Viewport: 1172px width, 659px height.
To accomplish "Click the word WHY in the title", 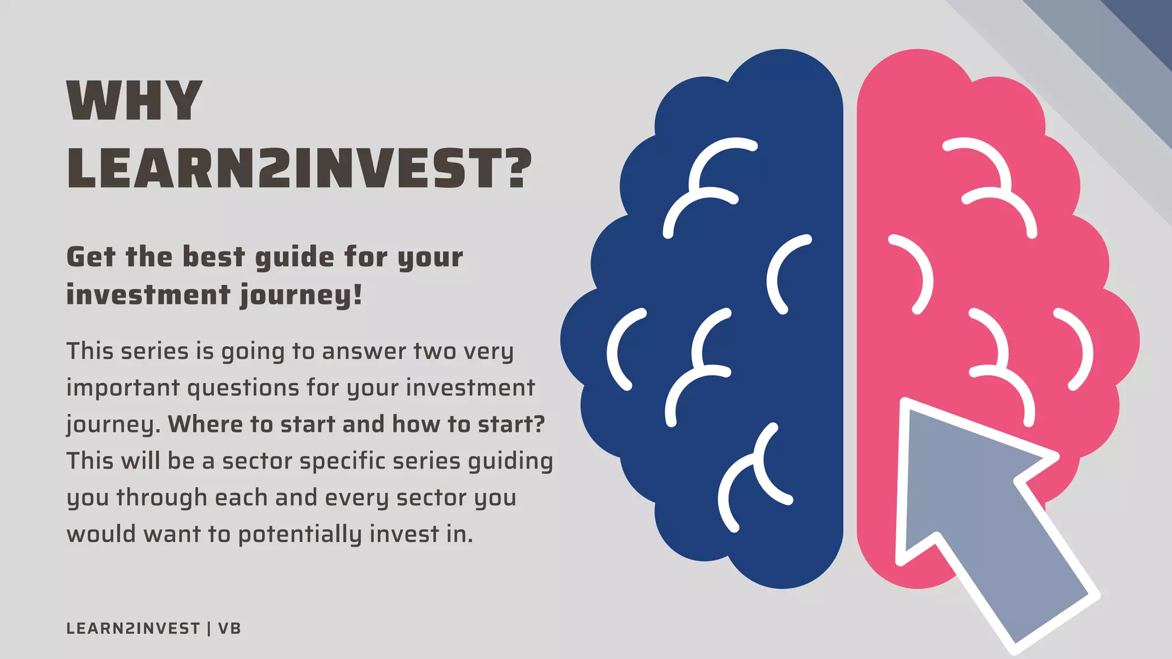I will [x=134, y=101].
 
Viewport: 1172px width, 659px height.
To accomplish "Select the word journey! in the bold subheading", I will [x=301, y=296].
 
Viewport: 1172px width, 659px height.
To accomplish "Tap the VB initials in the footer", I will [x=229, y=629].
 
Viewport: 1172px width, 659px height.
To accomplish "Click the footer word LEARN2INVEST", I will [x=133, y=629].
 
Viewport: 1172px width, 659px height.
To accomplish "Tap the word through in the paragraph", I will [x=161, y=498].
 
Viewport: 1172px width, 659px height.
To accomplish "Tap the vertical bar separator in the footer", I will [x=209, y=629].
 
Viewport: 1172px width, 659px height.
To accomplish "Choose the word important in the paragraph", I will [x=123, y=388].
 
